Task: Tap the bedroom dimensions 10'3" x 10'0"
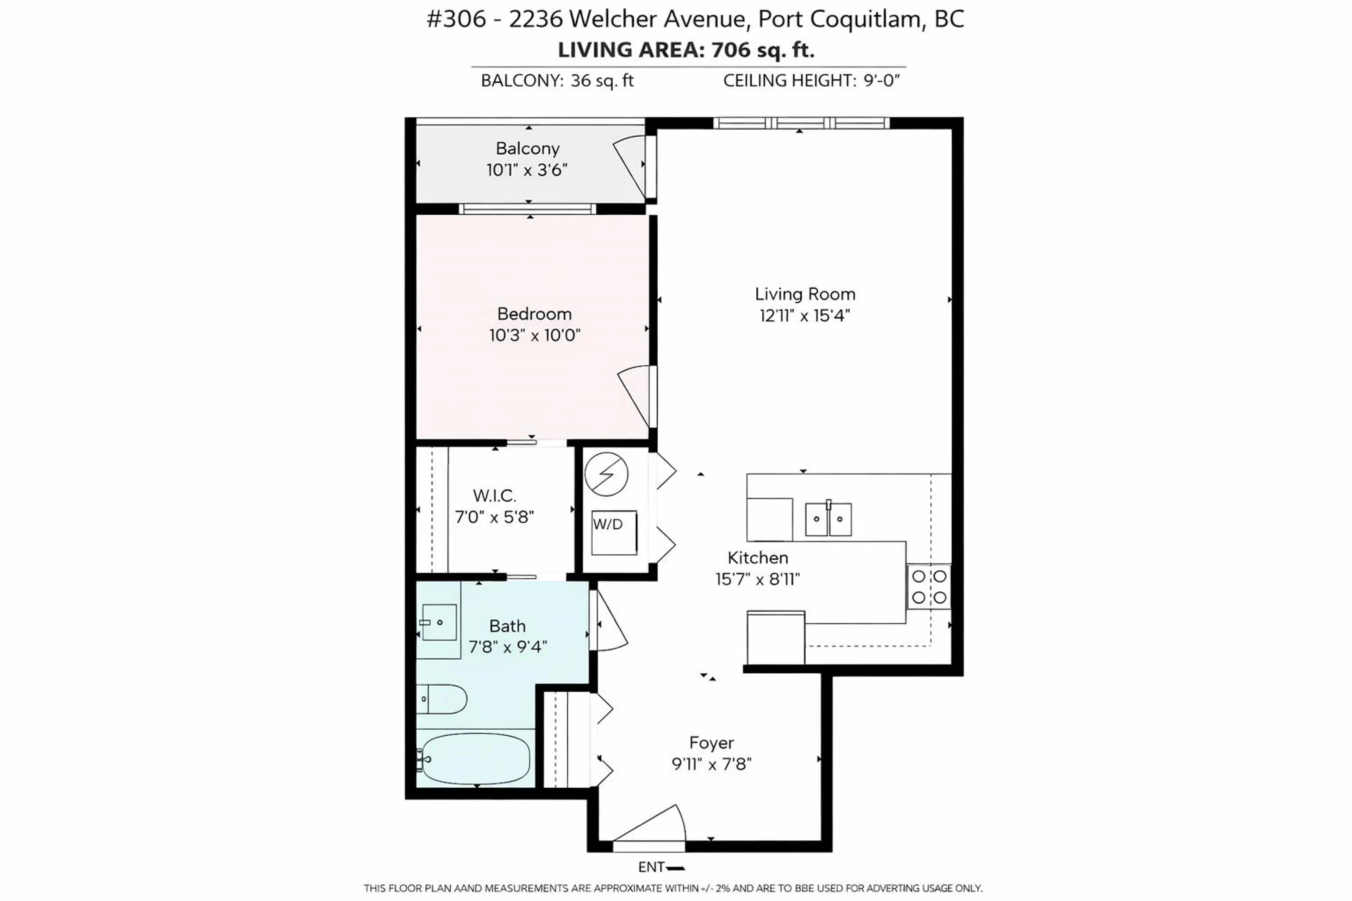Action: (x=534, y=335)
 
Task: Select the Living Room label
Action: (x=805, y=294)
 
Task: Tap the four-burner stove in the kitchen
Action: (x=929, y=587)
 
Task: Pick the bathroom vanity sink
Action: (x=439, y=622)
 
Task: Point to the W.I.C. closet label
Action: (x=494, y=495)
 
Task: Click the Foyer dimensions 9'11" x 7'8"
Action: (x=712, y=764)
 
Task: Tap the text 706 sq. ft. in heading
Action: (x=763, y=50)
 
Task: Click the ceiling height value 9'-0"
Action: (x=881, y=81)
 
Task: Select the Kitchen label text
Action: (x=758, y=557)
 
